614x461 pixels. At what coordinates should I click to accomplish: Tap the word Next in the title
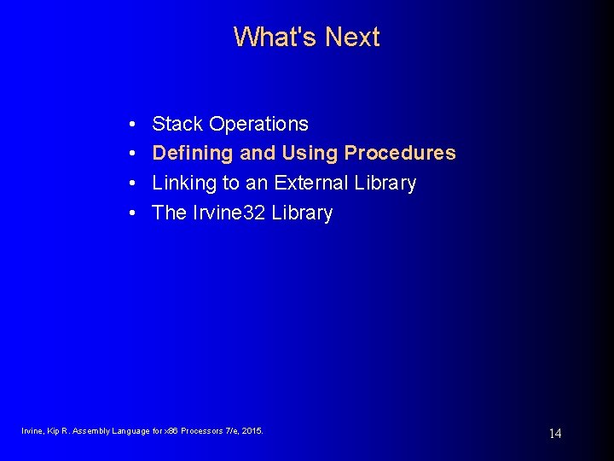351,38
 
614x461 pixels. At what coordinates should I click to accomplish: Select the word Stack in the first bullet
177,124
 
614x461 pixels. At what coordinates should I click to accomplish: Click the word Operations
258,124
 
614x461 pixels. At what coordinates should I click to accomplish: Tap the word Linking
183,184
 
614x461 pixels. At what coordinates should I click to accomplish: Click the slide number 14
554,434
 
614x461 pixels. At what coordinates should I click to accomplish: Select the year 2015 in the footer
252,431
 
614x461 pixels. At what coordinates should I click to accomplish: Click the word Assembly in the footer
91,431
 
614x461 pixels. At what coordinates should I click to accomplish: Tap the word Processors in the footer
198,431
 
